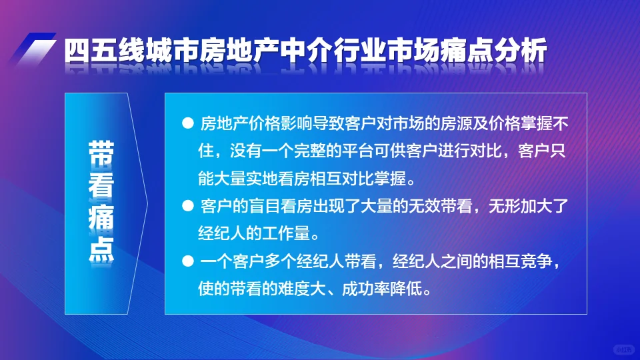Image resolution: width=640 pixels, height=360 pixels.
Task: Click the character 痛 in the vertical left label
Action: click(x=100, y=218)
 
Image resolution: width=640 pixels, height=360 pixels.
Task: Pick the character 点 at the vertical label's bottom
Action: click(x=100, y=249)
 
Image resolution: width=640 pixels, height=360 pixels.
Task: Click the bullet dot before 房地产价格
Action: click(x=187, y=124)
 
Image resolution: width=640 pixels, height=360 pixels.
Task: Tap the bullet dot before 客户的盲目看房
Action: click(x=187, y=205)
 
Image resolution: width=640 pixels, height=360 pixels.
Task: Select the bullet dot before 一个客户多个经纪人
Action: click(x=187, y=261)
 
